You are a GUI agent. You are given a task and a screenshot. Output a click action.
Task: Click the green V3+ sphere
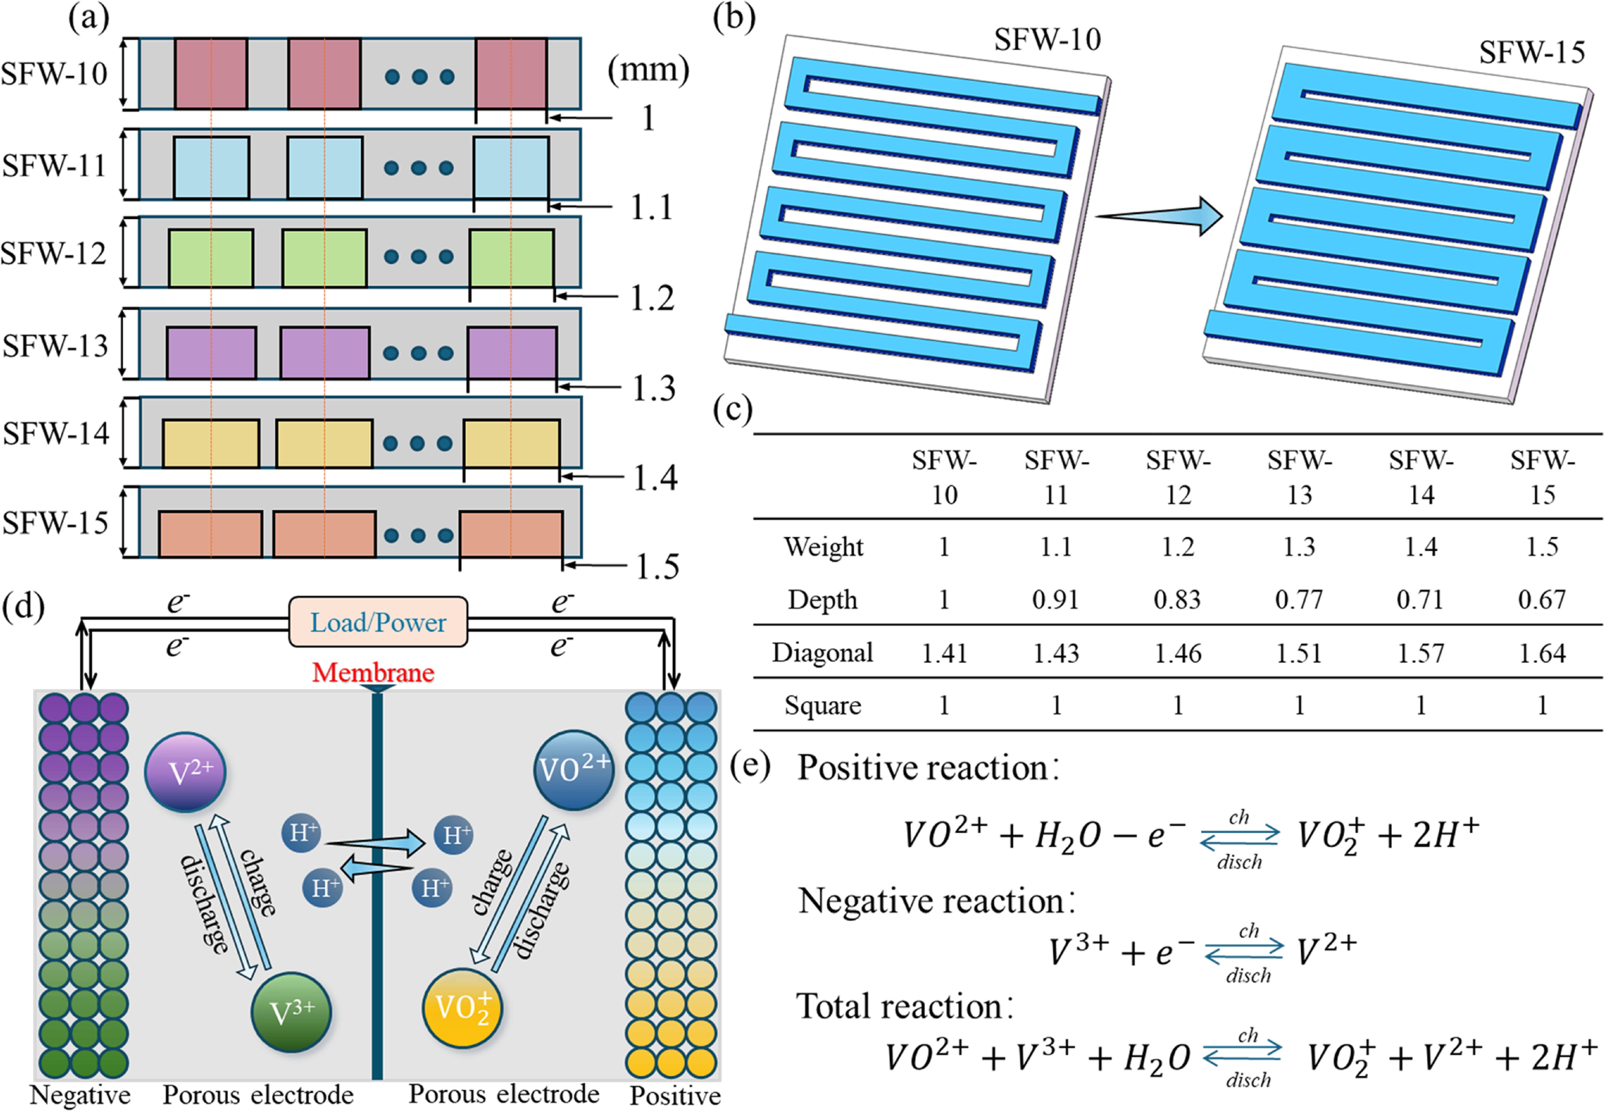pyautogui.click(x=291, y=1012)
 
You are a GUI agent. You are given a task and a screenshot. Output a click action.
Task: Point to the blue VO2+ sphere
pyautogui.click(x=573, y=770)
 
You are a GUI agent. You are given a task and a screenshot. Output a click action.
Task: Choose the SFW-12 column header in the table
pyautogui.click(x=1178, y=478)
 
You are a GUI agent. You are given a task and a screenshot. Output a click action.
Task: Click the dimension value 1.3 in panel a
pyautogui.click(x=653, y=388)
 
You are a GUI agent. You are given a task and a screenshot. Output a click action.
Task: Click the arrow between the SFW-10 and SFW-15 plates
pyautogui.click(x=1159, y=217)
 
